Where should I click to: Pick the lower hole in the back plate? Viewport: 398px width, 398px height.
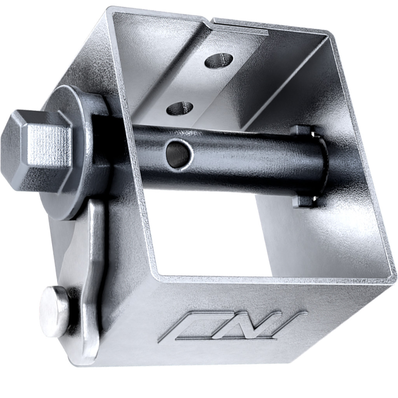pos(180,108)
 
